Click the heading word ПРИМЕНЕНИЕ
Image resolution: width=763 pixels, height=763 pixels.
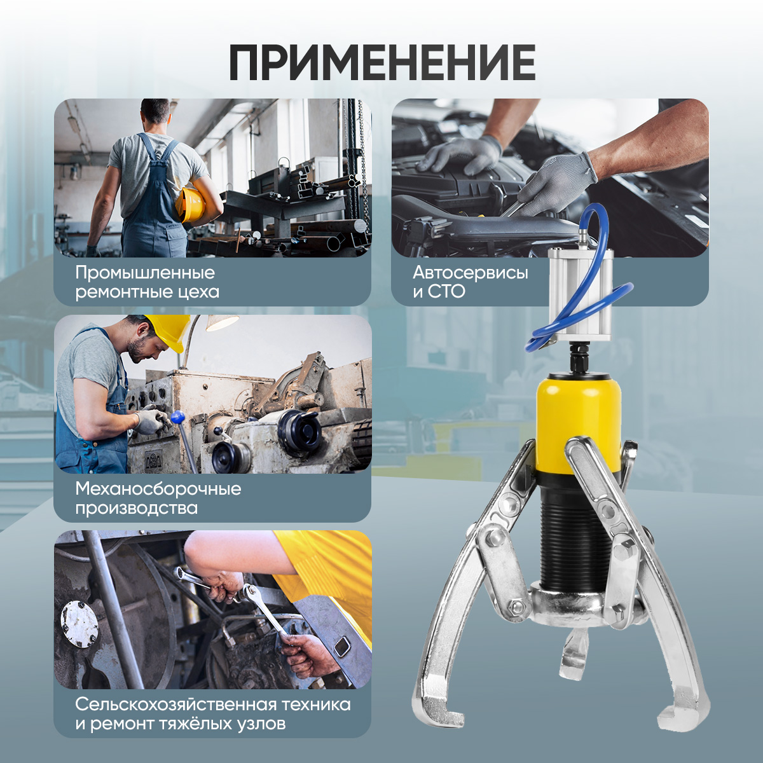coord(382,62)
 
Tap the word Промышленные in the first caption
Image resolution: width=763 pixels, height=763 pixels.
coord(146,273)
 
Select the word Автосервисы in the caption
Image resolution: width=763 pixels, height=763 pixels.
coord(471,273)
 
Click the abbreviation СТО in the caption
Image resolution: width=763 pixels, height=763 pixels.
coord(446,292)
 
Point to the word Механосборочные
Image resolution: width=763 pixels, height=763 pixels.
coord(158,490)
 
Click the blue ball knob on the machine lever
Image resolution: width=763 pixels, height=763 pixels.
coord(178,416)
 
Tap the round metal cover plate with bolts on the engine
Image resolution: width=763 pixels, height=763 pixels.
coord(79,624)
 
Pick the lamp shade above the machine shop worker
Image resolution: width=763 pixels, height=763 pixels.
coord(222,322)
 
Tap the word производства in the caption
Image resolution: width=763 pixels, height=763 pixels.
coord(137,509)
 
